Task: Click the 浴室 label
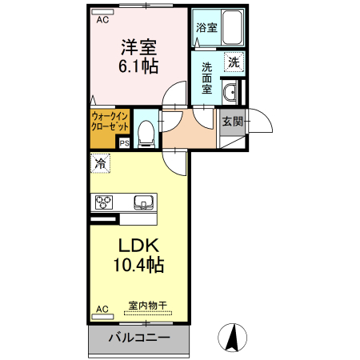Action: [x=206, y=28]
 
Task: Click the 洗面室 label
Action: [x=206, y=78]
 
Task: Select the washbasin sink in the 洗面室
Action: [x=230, y=91]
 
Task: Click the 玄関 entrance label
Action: [x=230, y=122]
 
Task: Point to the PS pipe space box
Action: [x=124, y=143]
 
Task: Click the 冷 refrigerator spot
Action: [x=100, y=163]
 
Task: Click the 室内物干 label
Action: [x=148, y=305]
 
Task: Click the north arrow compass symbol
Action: [x=231, y=337]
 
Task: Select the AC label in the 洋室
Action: [x=102, y=22]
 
